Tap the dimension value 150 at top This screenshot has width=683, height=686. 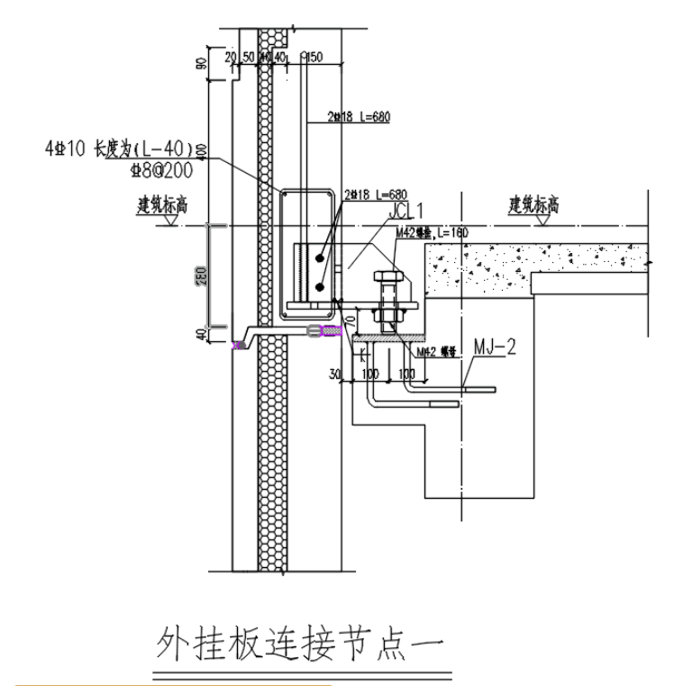314,57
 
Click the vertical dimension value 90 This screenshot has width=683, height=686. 203,63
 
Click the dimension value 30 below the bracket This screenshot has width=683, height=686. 336,373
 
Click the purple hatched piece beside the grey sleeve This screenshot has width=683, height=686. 332,332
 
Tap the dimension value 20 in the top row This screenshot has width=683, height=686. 230,57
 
